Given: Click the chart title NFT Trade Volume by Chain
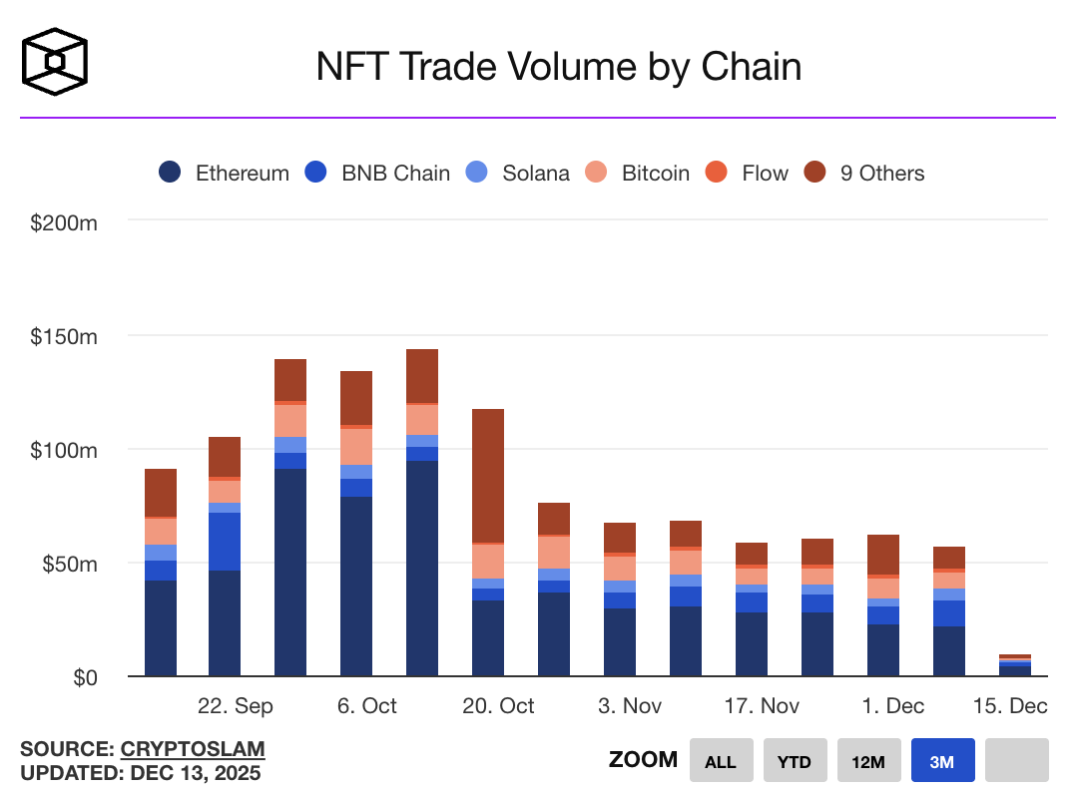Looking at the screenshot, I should point(558,67).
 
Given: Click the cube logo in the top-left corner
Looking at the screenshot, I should point(55,62).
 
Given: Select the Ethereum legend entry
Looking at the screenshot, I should point(225,173).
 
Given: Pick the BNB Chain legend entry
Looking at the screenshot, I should point(378,173).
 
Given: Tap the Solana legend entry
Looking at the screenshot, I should point(519,173).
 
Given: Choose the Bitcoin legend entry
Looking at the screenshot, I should point(639,173).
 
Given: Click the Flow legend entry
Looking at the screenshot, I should point(749,173).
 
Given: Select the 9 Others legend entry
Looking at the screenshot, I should point(865,173).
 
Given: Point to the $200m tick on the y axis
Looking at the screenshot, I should point(64,222).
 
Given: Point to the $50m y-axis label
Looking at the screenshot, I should point(69,564).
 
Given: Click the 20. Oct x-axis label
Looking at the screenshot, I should point(498,706).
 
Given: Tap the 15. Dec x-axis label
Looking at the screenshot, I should point(1010,706).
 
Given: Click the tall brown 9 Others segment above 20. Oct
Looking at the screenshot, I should point(488,476).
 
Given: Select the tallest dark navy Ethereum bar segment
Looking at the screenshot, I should point(422,569).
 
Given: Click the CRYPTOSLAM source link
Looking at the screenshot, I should point(193,749).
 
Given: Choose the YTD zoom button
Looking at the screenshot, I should point(795,761).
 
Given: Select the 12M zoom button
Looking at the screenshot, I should point(868,761).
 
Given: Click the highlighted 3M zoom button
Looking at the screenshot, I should point(942,761).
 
